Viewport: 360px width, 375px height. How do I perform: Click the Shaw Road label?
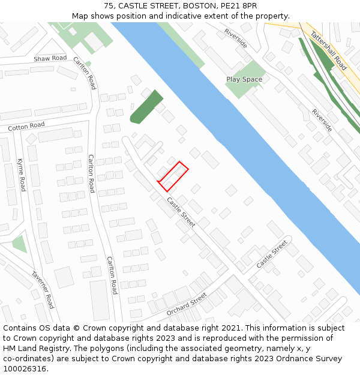50,58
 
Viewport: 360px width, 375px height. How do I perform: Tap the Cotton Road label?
26,127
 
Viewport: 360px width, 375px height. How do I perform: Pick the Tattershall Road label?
328,51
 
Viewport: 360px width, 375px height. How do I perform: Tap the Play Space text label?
244,79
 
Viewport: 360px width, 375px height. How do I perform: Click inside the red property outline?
173,176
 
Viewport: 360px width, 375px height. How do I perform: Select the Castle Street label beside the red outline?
181,212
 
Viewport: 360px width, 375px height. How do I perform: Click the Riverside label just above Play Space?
236,38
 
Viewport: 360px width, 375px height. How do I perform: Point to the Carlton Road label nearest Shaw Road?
85,73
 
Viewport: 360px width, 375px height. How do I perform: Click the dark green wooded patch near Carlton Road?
146,107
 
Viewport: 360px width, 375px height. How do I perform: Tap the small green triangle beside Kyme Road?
19,244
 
